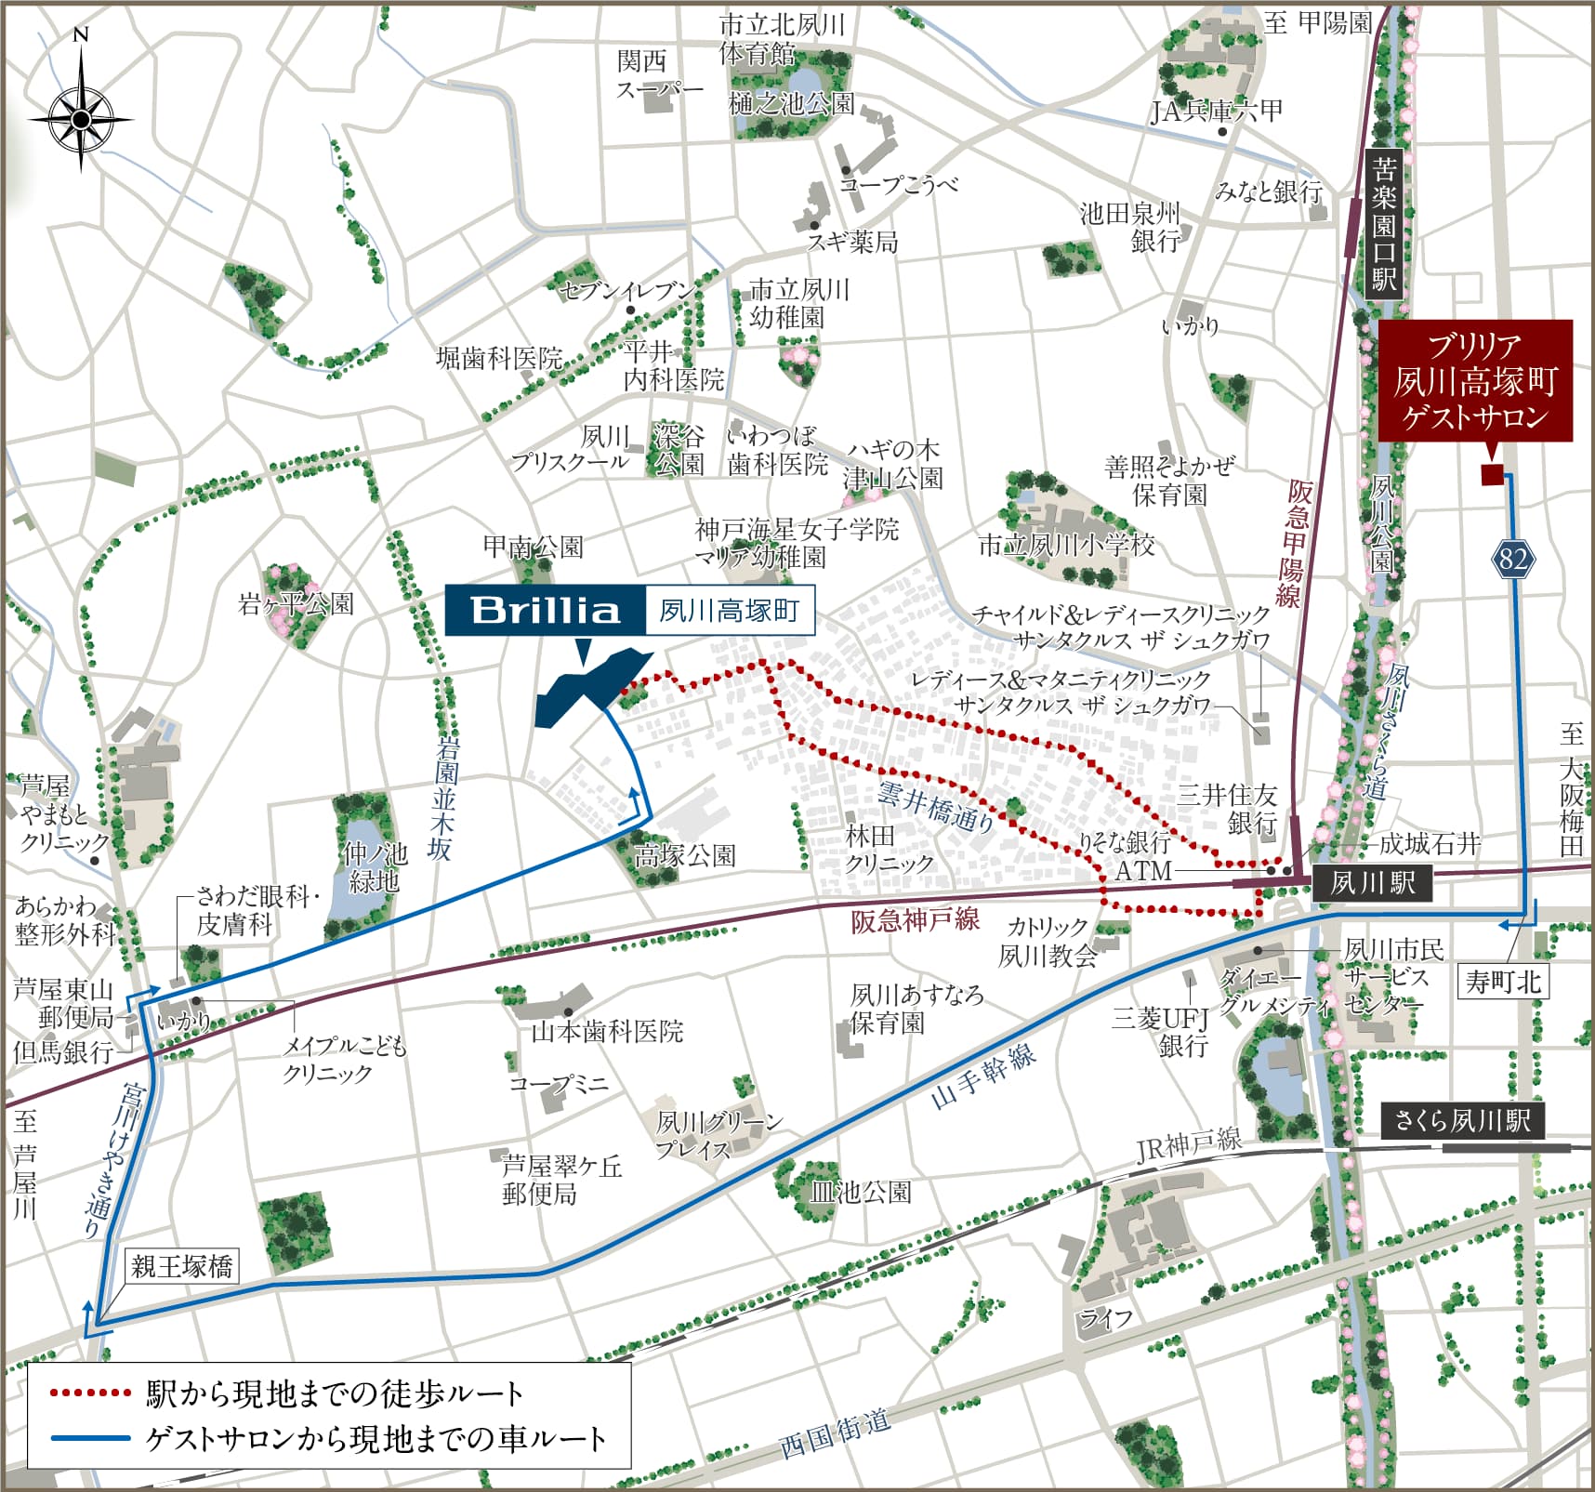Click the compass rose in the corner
(81, 118)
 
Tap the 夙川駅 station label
(1371, 882)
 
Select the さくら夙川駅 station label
(1462, 1120)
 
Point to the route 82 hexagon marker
(1512, 558)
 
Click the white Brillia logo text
(545, 611)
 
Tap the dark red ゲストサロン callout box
(1474, 380)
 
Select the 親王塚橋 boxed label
(182, 1266)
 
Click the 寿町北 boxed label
(1503, 981)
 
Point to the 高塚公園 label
(685, 855)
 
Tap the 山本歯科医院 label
(607, 1031)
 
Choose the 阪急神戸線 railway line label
(915, 920)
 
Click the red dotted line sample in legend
(89, 1393)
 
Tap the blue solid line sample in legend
(89, 1438)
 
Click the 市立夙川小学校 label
(1066, 545)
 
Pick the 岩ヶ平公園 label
(296, 604)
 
